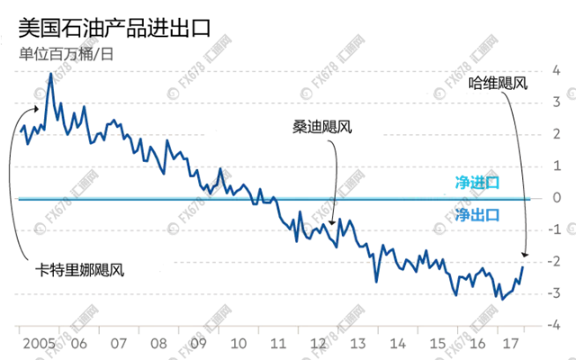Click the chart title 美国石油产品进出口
coord(114,26)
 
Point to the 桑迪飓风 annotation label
coord(322,127)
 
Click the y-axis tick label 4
coord(558,69)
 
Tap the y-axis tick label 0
coord(558,197)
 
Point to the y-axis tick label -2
coord(556,261)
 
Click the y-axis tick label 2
coord(558,133)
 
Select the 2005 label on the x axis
coord(35,345)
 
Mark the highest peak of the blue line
coord(50,74)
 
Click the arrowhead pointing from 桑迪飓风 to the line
coord(332,223)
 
